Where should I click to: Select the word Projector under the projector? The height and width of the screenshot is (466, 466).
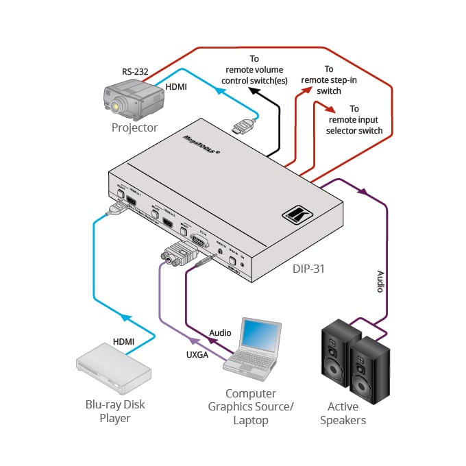coord(134,127)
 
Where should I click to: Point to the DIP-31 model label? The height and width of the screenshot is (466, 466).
coord(306,269)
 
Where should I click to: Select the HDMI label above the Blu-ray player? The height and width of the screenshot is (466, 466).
coord(124,341)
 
